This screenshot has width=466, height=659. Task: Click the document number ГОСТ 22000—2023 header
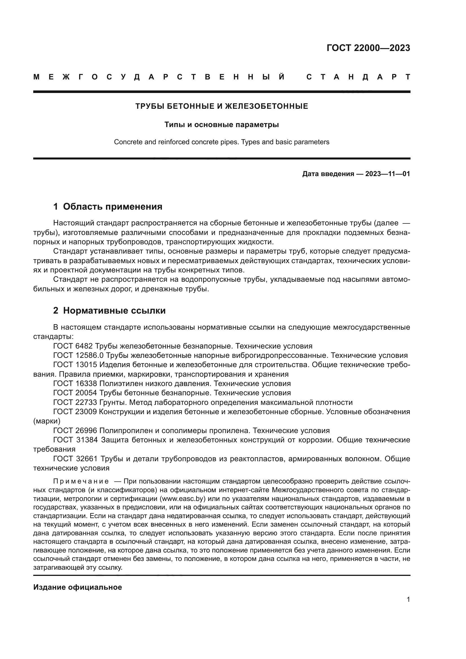(368, 48)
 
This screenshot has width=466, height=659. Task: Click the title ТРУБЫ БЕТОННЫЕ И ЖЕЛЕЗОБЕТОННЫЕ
(221, 106)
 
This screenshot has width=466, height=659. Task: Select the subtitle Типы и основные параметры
(221, 125)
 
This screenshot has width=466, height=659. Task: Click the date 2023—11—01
(387, 174)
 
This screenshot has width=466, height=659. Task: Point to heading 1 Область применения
(108, 207)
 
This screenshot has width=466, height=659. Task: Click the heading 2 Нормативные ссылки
(109, 311)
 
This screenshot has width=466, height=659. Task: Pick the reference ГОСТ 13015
(75, 365)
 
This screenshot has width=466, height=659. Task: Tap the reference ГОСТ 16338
(75, 384)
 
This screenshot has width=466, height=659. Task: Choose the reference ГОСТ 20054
(75, 393)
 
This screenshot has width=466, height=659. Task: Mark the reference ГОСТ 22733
(75, 403)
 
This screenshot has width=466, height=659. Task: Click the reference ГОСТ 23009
(75, 412)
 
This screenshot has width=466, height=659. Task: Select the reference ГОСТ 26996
(75, 431)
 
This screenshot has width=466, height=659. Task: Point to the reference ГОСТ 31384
(75, 440)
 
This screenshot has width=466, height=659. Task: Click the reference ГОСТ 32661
(75, 459)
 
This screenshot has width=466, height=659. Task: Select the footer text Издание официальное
(77, 587)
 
